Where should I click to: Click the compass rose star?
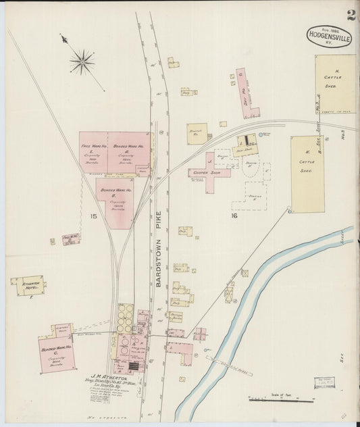82,63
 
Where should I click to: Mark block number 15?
93,216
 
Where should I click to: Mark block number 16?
234,216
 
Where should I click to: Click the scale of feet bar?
280,400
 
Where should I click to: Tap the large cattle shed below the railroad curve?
307,174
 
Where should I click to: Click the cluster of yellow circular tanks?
125,318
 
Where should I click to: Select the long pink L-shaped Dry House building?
245,93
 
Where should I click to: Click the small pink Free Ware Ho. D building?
70,239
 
